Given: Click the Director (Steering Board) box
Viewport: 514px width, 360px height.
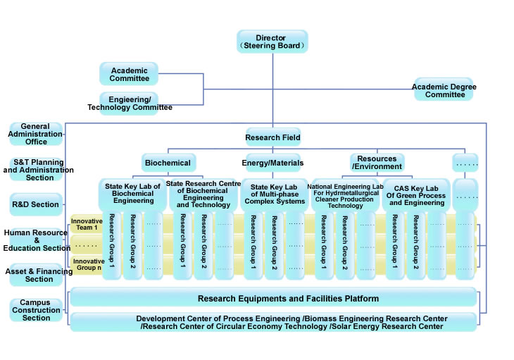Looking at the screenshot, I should click(x=272, y=41).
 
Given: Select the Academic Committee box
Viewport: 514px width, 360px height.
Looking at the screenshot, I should click(x=129, y=74).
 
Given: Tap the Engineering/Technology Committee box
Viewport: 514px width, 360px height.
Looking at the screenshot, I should click(x=130, y=103).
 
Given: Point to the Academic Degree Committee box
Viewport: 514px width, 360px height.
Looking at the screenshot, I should click(x=444, y=89).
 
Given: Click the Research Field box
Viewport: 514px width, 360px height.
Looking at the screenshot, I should click(x=272, y=137).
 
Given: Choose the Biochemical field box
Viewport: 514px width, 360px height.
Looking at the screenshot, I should click(x=168, y=163).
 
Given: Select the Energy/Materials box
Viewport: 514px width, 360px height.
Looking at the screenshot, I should click(x=273, y=163).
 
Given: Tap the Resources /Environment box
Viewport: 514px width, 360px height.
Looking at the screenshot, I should click(x=377, y=162).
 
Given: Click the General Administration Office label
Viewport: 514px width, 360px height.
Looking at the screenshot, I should click(x=36, y=133).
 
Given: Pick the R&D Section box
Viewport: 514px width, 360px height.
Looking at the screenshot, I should click(x=36, y=204).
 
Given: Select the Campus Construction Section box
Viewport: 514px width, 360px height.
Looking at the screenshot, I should click(x=36, y=310).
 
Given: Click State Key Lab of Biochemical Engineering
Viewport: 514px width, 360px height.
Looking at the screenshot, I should click(x=132, y=193).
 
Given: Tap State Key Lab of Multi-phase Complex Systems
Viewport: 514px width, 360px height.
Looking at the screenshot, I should click(x=274, y=193).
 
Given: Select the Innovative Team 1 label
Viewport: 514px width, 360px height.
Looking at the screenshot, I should click(x=87, y=224).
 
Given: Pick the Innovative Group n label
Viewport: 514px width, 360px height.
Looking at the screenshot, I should click(x=87, y=264).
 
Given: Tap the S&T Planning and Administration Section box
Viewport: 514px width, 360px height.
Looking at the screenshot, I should click(x=39, y=169).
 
